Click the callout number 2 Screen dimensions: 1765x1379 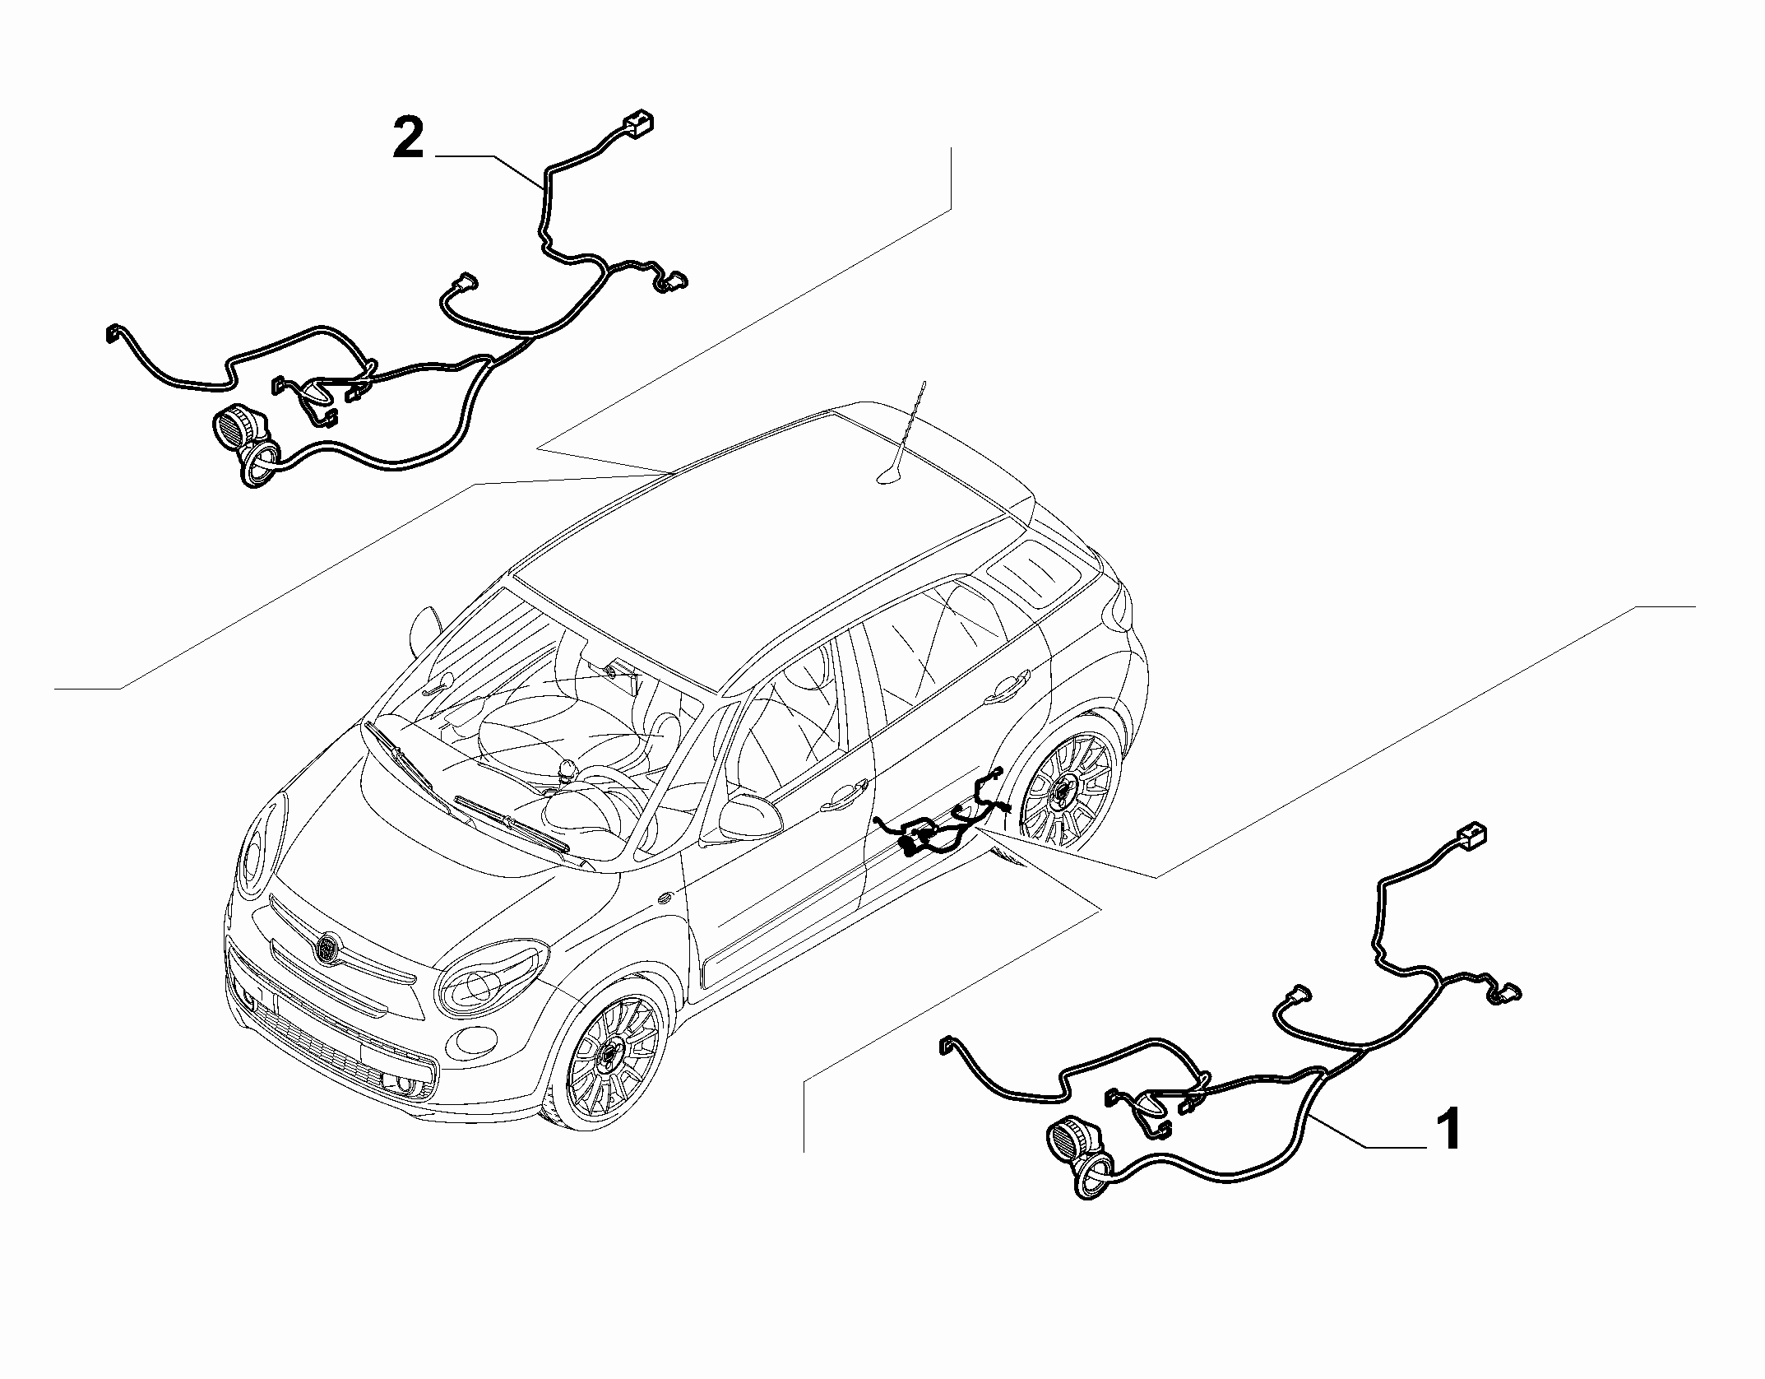408,140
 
